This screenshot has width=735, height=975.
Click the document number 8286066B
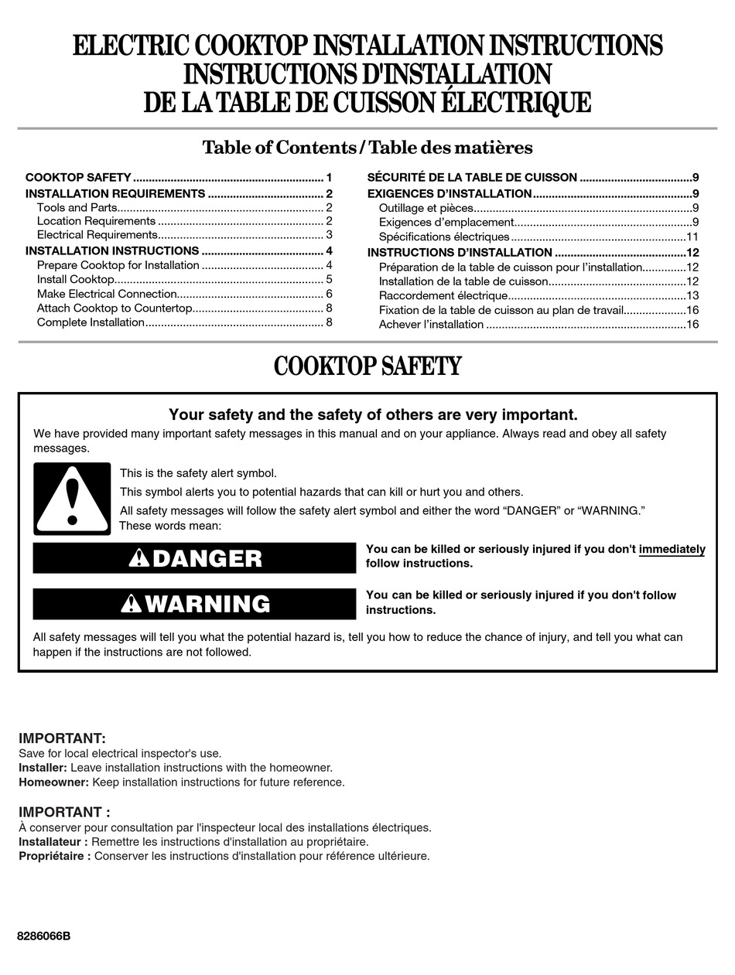(43, 936)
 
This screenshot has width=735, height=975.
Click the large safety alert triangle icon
(72, 499)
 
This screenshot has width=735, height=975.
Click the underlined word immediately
(672, 550)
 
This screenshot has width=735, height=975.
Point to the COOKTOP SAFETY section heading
(367, 366)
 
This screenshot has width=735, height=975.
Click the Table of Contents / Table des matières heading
(367, 147)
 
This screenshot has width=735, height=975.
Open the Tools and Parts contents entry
(77, 207)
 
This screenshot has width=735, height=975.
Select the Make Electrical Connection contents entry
(107, 294)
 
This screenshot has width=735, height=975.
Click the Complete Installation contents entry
(91, 322)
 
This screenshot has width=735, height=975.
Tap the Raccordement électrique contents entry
(443, 296)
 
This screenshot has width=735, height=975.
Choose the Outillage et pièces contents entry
(426, 208)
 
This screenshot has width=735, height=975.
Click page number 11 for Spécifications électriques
(692, 237)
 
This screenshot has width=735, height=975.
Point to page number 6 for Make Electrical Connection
(329, 294)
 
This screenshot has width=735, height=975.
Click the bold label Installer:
(43, 768)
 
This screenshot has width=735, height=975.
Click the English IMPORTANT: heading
(62, 738)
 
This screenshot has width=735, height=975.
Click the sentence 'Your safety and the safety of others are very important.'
(373, 415)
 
